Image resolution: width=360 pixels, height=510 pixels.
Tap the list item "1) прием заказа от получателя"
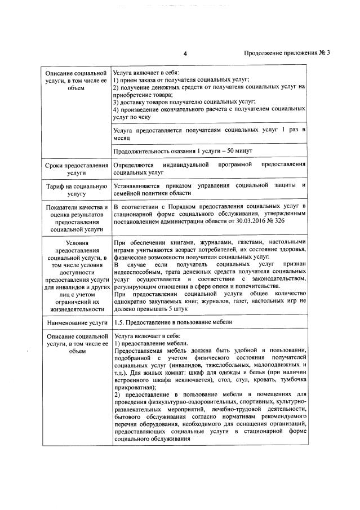[181, 80]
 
